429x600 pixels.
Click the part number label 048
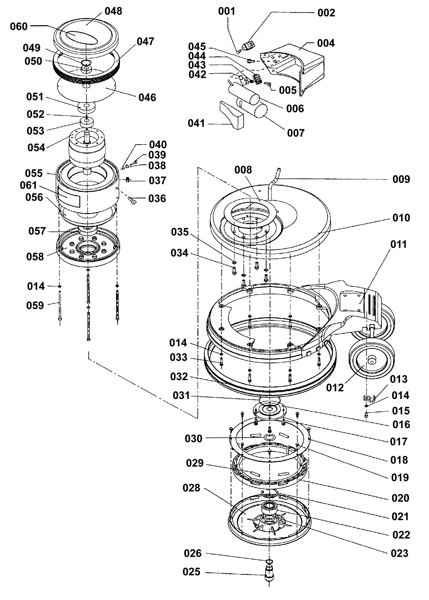tap(113, 11)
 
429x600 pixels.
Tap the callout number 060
tap(19, 27)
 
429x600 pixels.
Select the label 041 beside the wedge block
tap(196, 123)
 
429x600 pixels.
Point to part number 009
tap(401, 179)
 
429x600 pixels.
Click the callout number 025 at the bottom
tap(191, 572)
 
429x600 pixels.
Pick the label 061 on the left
tap(28, 185)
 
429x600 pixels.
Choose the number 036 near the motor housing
tap(157, 198)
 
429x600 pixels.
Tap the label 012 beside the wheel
tap(335, 388)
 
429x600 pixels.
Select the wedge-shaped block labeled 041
tap(231, 115)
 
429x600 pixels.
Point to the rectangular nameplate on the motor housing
tap(69, 197)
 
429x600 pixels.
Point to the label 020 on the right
tap(400, 498)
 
